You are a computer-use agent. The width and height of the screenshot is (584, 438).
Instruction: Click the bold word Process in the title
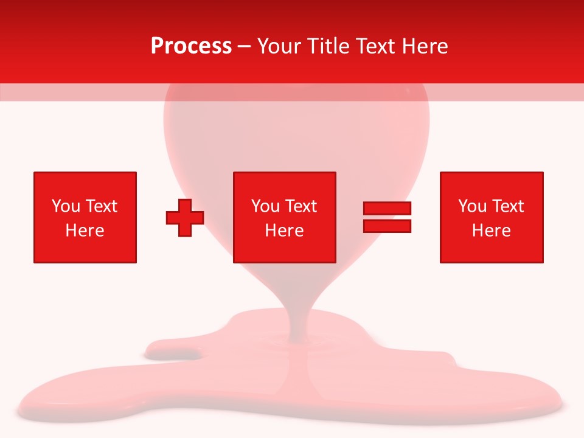click(x=191, y=46)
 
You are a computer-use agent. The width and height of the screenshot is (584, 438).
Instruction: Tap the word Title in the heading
click(x=329, y=46)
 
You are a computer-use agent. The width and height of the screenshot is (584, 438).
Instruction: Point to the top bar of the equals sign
click(x=387, y=209)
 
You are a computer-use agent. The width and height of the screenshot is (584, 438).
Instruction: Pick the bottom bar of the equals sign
click(x=387, y=226)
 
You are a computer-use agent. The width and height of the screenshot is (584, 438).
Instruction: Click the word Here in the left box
click(x=85, y=231)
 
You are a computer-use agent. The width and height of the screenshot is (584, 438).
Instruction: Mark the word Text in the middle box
click(x=301, y=206)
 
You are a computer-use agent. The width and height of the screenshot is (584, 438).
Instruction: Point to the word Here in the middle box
click(x=285, y=231)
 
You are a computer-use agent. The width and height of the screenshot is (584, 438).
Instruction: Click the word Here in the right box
click(x=492, y=231)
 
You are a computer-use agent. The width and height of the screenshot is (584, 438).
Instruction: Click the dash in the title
click(x=245, y=47)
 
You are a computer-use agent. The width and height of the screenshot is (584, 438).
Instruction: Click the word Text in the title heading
click(x=373, y=46)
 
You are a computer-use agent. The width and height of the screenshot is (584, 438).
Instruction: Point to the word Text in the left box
click(x=101, y=206)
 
